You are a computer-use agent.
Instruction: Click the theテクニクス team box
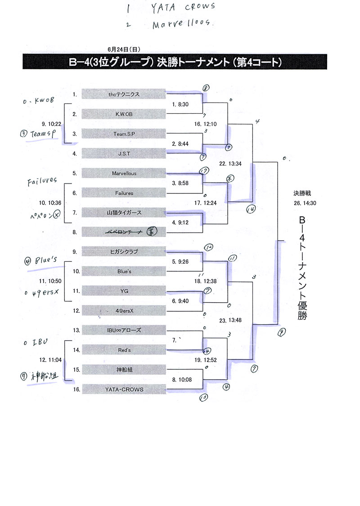coord(124,94)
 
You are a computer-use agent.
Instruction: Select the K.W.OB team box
coord(124,114)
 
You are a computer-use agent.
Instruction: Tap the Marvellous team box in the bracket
coord(124,173)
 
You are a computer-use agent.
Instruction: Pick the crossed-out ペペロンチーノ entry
coord(124,232)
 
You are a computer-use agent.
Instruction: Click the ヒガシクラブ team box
coord(124,252)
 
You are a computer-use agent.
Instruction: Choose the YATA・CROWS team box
coord(124,390)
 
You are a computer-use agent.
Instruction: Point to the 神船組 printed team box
coord(124,370)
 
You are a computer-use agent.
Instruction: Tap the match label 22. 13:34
coord(230,163)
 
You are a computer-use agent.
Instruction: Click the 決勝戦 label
coord(302,193)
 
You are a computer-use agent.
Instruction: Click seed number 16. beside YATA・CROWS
coord(76,390)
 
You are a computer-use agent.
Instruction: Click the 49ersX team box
coord(124,311)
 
